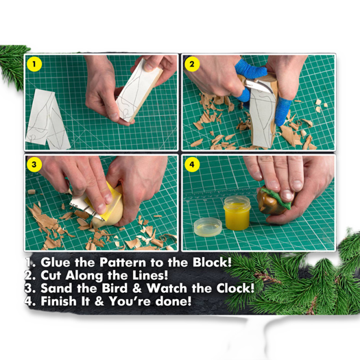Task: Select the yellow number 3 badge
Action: [34, 165]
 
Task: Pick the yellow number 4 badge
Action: [193, 165]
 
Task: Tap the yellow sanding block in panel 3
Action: [110, 206]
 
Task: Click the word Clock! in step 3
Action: [229, 288]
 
